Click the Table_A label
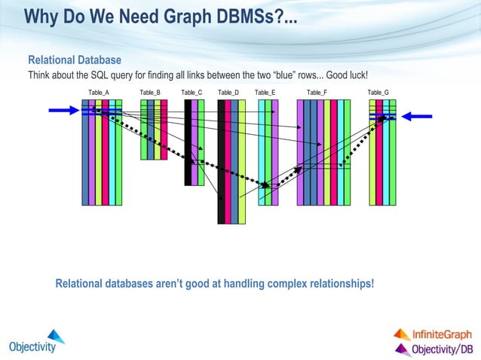coord(99,93)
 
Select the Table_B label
coord(150,93)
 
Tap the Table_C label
coord(191,93)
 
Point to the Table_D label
coord(228,93)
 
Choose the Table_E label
coord(265,93)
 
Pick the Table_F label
coord(317,93)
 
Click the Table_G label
coord(378,93)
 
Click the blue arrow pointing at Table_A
coord(63,110)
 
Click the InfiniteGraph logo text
coord(442,334)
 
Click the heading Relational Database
coord(75,60)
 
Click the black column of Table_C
coord(188,143)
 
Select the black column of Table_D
coord(221,162)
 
